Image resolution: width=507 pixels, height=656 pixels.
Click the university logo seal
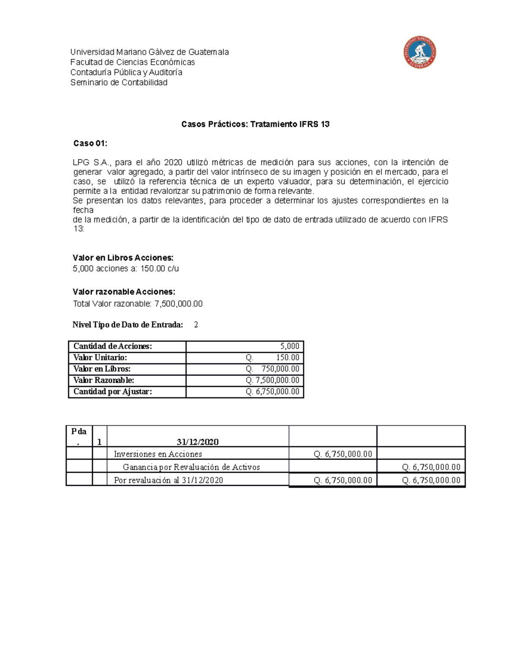(419, 52)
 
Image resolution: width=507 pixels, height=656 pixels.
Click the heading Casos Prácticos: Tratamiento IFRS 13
(255, 124)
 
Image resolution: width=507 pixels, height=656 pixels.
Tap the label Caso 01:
(90, 144)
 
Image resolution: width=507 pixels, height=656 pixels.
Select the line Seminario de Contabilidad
(119, 83)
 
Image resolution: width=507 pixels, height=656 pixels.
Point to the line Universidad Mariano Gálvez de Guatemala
(149, 52)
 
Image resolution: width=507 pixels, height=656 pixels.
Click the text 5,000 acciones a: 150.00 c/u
(125, 269)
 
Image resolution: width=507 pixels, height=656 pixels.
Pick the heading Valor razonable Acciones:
(124, 292)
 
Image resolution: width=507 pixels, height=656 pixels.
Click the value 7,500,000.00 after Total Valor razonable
(179, 304)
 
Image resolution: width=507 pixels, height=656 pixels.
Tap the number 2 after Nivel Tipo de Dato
(196, 325)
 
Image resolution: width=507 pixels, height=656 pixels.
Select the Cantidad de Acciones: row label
(112, 346)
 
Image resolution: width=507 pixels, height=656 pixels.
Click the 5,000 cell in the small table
(289, 346)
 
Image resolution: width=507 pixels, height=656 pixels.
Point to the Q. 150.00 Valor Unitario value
(273, 358)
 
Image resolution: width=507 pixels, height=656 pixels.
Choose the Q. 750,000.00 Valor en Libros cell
(273, 369)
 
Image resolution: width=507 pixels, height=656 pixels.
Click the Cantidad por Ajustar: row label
(112, 392)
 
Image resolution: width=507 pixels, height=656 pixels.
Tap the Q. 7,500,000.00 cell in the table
(273, 380)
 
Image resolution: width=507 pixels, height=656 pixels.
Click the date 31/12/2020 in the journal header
(197, 442)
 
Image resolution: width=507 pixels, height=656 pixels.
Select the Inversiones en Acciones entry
(158, 454)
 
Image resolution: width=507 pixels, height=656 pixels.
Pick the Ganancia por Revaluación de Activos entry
(191, 467)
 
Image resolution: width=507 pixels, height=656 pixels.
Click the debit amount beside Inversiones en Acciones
(343, 454)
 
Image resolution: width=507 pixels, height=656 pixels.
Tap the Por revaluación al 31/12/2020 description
(168, 480)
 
